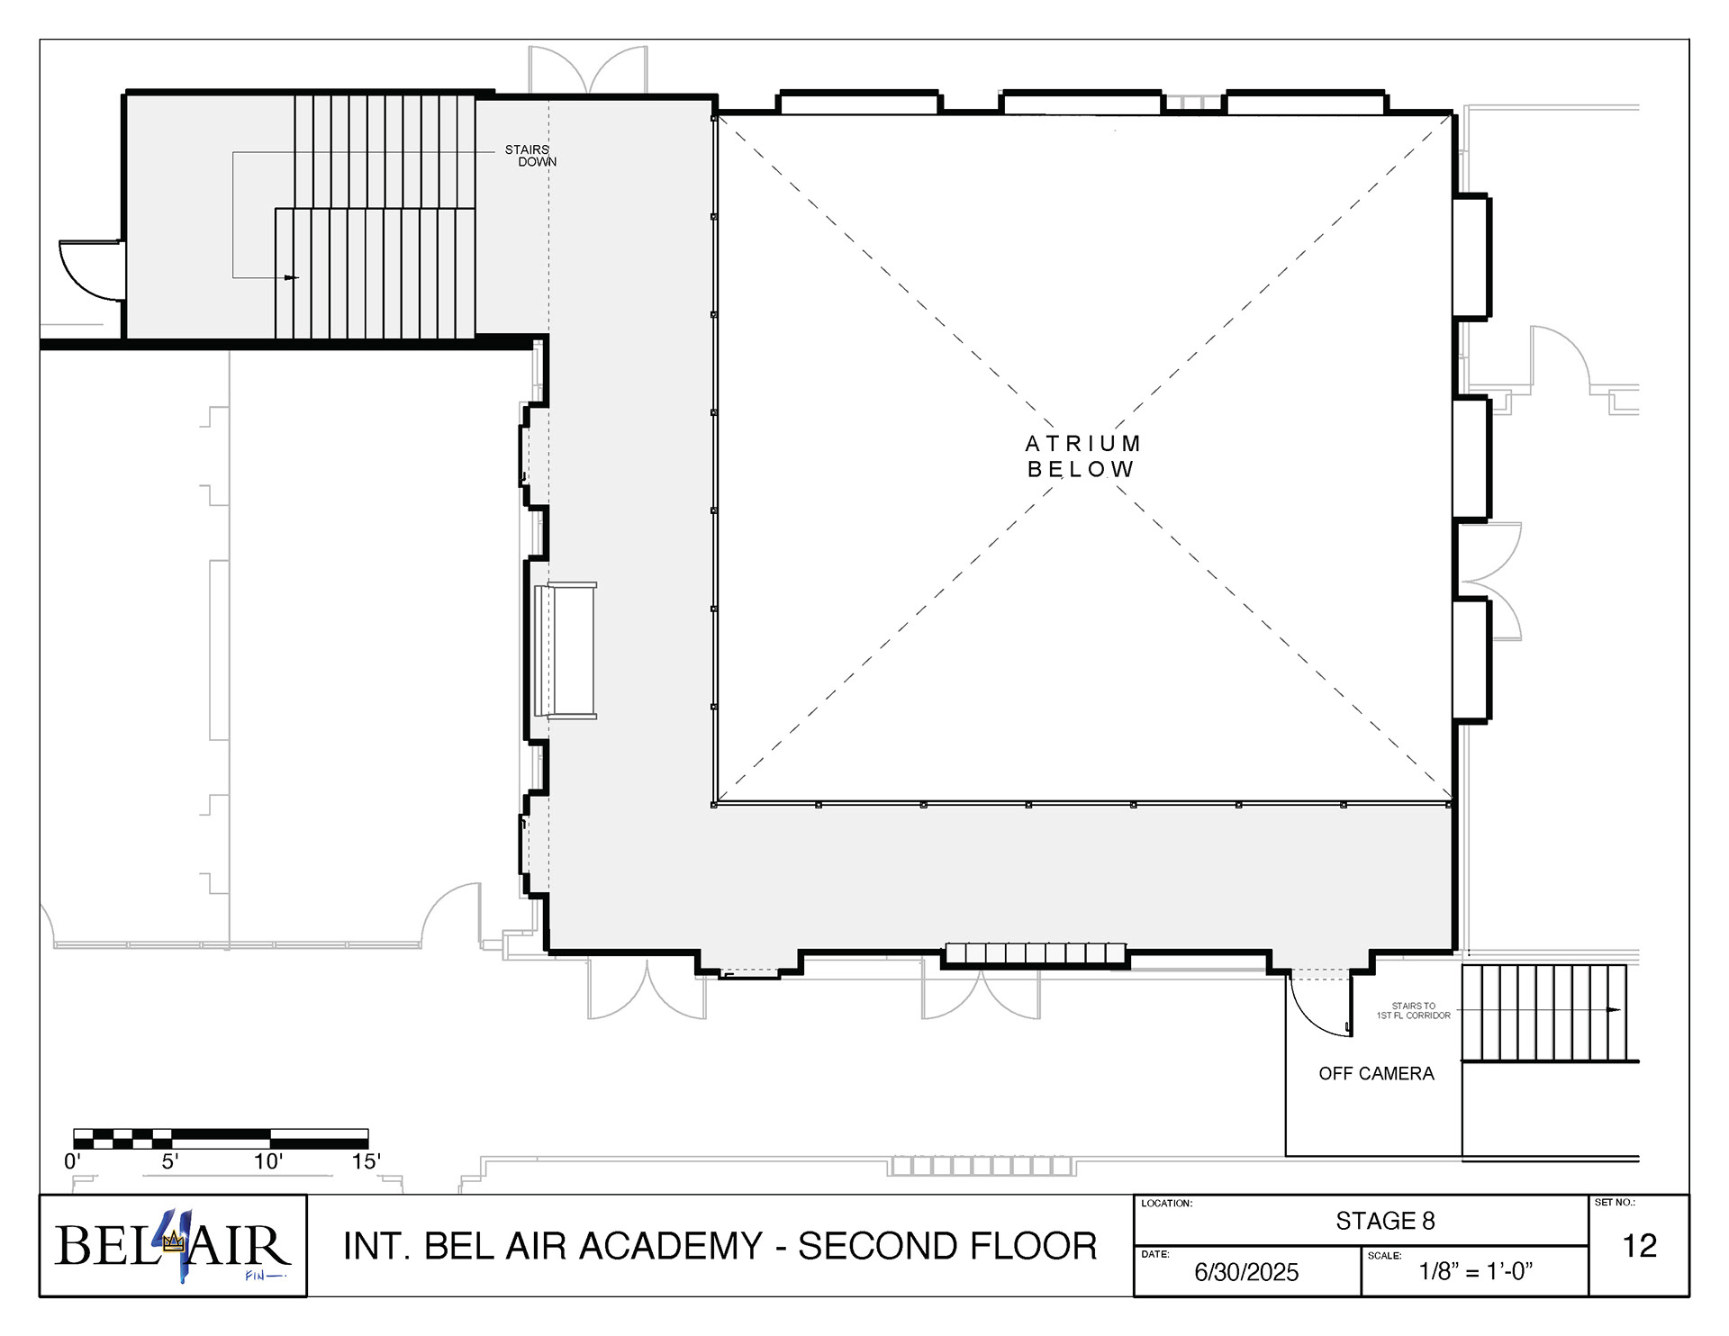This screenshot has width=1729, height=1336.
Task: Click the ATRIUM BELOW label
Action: [1083, 456]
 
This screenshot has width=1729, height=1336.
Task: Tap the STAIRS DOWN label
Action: [530, 156]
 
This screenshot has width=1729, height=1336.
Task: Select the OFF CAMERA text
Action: [1376, 1073]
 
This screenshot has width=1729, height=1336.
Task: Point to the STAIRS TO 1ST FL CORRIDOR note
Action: [1413, 1011]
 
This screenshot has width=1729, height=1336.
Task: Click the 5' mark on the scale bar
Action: [170, 1161]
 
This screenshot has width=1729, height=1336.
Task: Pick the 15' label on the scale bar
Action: [366, 1161]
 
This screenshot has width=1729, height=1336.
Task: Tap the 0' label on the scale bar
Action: [72, 1161]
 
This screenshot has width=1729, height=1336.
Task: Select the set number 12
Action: [1639, 1246]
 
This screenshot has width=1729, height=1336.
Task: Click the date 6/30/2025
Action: [1246, 1272]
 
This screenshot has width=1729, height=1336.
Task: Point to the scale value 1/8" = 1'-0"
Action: [1476, 1271]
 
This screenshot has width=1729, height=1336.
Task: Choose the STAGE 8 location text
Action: [1385, 1221]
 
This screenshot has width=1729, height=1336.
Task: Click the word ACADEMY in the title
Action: [671, 1246]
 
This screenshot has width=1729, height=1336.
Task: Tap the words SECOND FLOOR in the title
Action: [947, 1246]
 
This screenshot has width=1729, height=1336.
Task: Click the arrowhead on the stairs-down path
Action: [291, 277]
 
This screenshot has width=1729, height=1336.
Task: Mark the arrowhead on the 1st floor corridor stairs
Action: [1614, 1010]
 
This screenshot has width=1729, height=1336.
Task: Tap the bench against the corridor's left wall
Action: [566, 650]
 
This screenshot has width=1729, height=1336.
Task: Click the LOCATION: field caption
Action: [1166, 1204]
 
